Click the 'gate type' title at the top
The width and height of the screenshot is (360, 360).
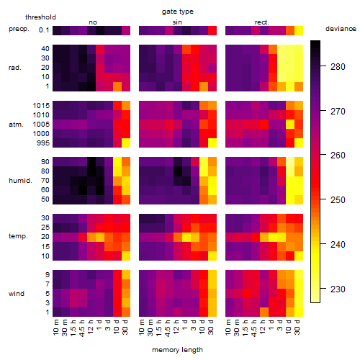pyautogui.click(x=178, y=12)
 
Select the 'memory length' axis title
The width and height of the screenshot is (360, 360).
pyautogui.click(x=177, y=350)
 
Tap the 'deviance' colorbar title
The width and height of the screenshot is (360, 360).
pyautogui.click(x=341, y=29)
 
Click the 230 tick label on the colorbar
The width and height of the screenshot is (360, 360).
pyautogui.click(x=338, y=289)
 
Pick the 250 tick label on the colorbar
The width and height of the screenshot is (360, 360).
pyautogui.click(x=338, y=200)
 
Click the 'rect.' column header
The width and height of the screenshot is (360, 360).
pyautogui.click(x=261, y=22)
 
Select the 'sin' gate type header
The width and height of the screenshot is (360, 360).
pyautogui.click(x=177, y=22)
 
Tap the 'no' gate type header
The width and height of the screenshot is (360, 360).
pyautogui.click(x=93, y=22)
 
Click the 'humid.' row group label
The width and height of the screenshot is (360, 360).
pyautogui.click(x=20, y=181)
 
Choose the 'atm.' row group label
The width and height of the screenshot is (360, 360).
pyautogui.click(x=16, y=125)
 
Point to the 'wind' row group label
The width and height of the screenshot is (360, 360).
pyautogui.click(x=17, y=294)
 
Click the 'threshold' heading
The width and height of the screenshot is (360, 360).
pyautogui.click(x=40, y=17)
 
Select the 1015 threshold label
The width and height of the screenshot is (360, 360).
pyautogui.click(x=41, y=106)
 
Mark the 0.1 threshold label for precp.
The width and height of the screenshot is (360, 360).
pyautogui.click(x=44, y=30)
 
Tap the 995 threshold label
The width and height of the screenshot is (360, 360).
pyautogui.click(x=43, y=143)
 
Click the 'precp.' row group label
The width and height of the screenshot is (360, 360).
pyautogui.click(x=19, y=30)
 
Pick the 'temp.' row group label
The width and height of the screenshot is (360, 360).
pyautogui.click(x=18, y=236)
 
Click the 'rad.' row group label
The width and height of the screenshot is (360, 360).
pyautogui.click(x=15, y=68)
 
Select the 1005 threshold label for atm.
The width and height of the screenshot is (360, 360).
pyautogui.click(x=41, y=125)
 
